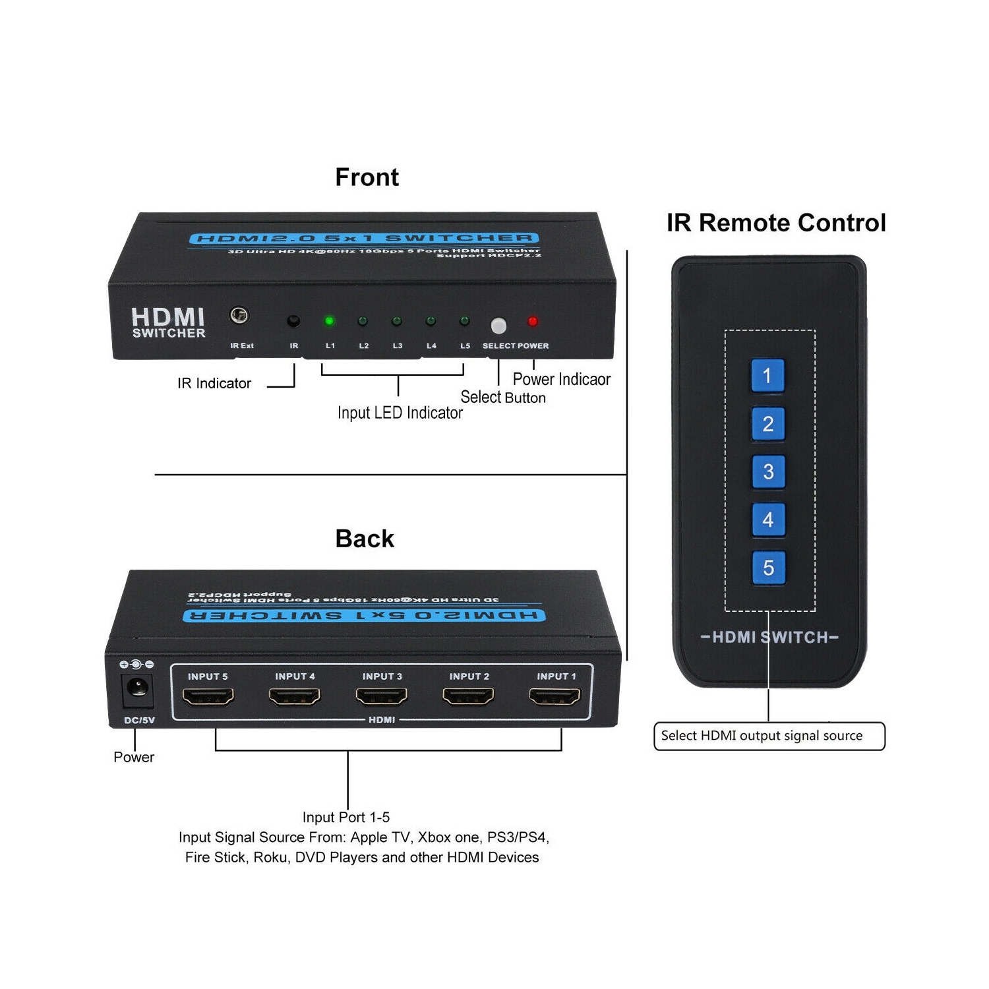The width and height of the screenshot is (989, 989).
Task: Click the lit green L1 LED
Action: [x=329, y=321]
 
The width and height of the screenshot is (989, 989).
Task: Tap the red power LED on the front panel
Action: [x=533, y=322]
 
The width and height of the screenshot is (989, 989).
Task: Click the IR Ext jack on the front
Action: [x=239, y=315]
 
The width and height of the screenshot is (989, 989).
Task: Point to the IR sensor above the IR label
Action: [x=293, y=321]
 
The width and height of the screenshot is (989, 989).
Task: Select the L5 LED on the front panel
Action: [x=465, y=321]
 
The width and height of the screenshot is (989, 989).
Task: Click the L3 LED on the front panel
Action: [x=397, y=321]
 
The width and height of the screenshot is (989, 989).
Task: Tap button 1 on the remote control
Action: [x=767, y=376]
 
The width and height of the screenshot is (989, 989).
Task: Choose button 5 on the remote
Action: [x=768, y=568]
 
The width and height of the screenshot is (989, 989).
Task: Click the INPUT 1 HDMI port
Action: [x=555, y=696]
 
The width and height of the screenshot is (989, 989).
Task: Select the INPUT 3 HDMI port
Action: [x=381, y=696]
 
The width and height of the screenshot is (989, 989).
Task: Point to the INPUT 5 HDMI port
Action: [x=208, y=696]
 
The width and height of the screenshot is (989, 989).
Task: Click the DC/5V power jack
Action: [x=137, y=690]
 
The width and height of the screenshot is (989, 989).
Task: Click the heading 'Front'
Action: [x=367, y=177]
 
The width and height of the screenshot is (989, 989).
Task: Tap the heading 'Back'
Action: [x=365, y=539]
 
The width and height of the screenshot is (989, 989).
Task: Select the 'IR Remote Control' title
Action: [x=776, y=223]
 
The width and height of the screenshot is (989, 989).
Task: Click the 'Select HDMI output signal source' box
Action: [x=769, y=736]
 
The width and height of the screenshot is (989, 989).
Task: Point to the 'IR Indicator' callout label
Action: [x=214, y=383]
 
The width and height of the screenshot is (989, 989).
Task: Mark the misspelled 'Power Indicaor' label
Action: [x=561, y=379]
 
